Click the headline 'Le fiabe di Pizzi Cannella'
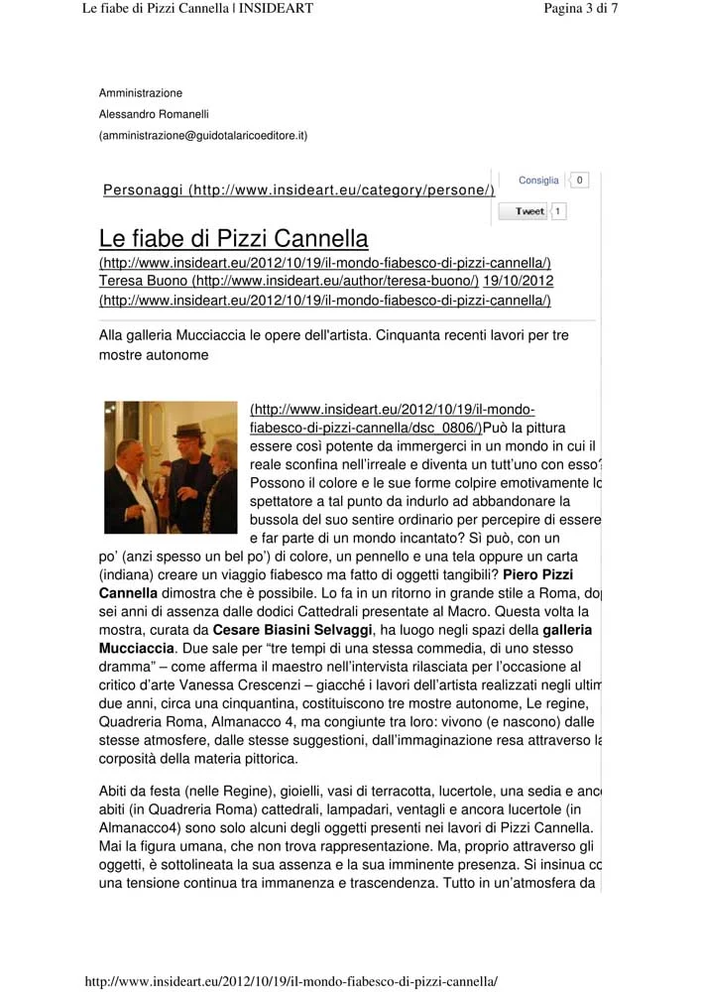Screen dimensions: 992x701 (234, 239)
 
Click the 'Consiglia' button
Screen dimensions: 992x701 (538, 181)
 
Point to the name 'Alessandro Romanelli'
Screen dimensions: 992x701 (154, 114)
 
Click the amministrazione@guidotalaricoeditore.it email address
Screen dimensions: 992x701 (203, 135)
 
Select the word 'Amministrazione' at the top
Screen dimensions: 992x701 (141, 93)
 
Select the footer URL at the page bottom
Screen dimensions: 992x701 (292, 981)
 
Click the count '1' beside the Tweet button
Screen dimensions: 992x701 (558, 211)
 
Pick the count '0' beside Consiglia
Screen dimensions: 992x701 (580, 181)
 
